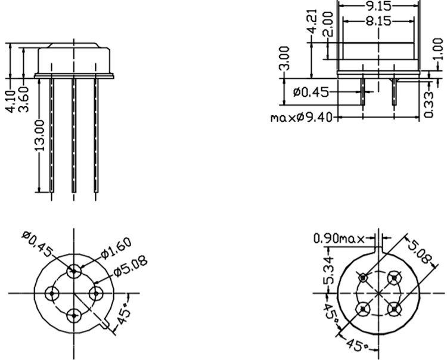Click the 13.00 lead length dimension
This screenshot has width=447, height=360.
tap(41, 136)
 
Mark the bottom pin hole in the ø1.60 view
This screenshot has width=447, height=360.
tap(74, 315)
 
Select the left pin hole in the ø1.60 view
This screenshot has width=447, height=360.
tap(52, 293)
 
